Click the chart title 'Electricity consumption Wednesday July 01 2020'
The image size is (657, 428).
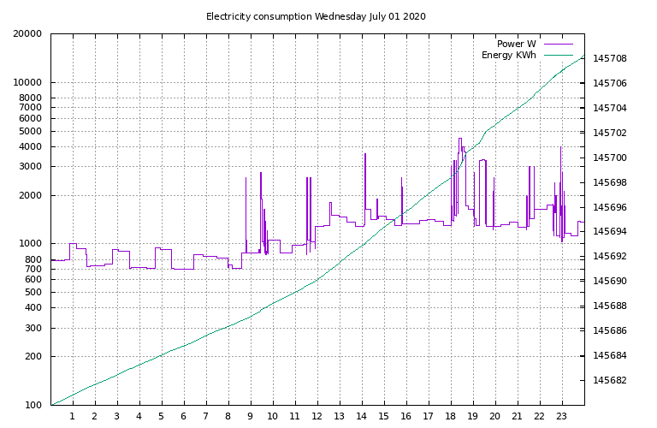click(316, 16)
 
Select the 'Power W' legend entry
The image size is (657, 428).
click(516, 44)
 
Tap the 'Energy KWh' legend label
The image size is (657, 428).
click(508, 56)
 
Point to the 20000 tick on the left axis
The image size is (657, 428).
click(28, 34)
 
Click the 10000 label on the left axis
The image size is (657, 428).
click(28, 83)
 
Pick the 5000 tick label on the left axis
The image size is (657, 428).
click(31, 131)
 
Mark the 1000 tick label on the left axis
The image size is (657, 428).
click(31, 244)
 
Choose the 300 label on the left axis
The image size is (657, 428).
click(33, 328)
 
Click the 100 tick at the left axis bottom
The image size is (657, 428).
click(33, 405)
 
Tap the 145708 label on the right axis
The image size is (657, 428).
click(610, 59)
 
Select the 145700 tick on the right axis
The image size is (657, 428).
click(610, 158)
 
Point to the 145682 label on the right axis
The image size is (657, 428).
click(610, 381)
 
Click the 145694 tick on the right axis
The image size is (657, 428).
click(610, 232)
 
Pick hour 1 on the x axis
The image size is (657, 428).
click(73, 417)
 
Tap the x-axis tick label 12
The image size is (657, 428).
click(317, 417)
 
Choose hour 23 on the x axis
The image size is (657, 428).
click(562, 417)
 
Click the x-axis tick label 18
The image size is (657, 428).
click(451, 417)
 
